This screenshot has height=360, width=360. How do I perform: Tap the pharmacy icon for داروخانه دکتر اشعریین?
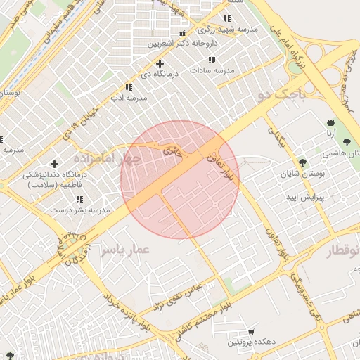183,33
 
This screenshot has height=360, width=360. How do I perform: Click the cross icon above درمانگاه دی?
161,63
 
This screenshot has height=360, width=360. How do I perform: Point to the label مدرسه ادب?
128,98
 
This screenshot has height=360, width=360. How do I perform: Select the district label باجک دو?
282,92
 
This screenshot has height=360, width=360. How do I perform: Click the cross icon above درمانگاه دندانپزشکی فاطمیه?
55,164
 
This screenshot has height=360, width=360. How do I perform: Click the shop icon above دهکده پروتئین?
251,331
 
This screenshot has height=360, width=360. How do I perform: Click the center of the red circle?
180,179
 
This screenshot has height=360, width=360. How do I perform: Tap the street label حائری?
172,150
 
